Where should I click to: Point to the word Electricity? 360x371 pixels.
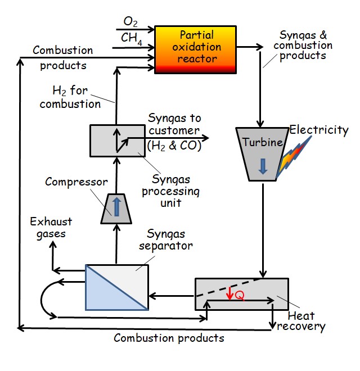(x=319, y=130)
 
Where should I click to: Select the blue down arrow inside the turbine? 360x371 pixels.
(x=262, y=166)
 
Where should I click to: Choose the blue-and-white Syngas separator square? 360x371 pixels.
(x=116, y=287)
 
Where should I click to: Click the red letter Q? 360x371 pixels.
(x=240, y=295)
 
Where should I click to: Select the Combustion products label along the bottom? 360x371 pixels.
(x=169, y=338)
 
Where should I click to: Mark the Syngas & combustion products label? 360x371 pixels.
(x=306, y=46)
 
